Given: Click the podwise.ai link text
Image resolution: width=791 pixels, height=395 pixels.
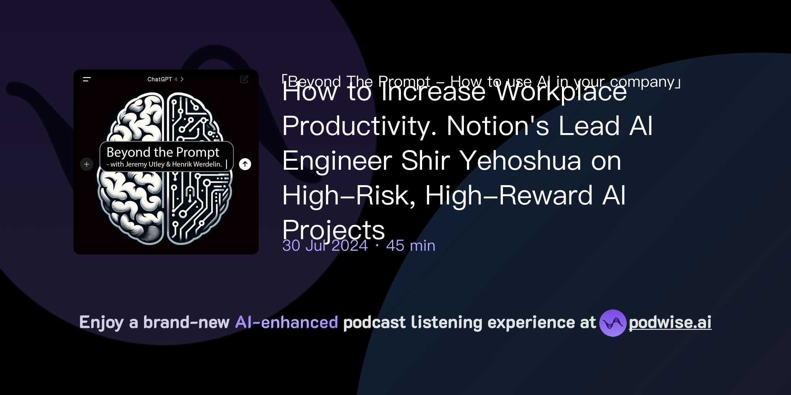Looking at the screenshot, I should pyautogui.click(x=670, y=322).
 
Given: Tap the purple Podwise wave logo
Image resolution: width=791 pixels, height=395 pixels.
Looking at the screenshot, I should pyautogui.click(x=613, y=323).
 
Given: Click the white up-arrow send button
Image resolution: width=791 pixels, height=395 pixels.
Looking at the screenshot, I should pyautogui.click(x=245, y=164).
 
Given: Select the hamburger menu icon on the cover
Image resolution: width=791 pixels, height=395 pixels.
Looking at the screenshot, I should pyautogui.click(x=87, y=79).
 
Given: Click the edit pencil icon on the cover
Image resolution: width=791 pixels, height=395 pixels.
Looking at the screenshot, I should pyautogui.click(x=244, y=79).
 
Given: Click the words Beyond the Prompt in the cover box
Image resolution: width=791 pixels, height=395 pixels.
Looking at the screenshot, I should pyautogui.click(x=163, y=152).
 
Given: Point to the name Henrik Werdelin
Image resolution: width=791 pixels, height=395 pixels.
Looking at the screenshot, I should pyautogui.click(x=197, y=164).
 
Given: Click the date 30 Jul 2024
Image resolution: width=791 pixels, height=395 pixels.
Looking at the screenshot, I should pyautogui.click(x=325, y=246).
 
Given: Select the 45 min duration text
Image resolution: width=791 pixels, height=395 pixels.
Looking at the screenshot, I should pyautogui.click(x=411, y=246).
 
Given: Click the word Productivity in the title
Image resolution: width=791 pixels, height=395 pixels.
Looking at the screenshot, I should pyautogui.click(x=359, y=126).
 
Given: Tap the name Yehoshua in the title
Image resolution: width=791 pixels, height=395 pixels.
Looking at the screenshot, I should pyautogui.click(x=520, y=160).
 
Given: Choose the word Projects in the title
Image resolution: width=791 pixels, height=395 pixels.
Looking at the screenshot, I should pyautogui.click(x=333, y=230).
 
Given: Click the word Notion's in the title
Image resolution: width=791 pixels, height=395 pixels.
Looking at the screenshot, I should pyautogui.click(x=497, y=126).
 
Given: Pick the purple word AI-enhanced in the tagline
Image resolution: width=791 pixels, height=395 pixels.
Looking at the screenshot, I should pyautogui.click(x=287, y=322).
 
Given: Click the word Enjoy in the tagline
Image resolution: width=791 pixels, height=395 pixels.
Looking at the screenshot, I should pyautogui.click(x=101, y=322).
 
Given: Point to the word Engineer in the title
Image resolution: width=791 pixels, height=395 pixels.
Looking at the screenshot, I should pyautogui.click(x=337, y=160).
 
